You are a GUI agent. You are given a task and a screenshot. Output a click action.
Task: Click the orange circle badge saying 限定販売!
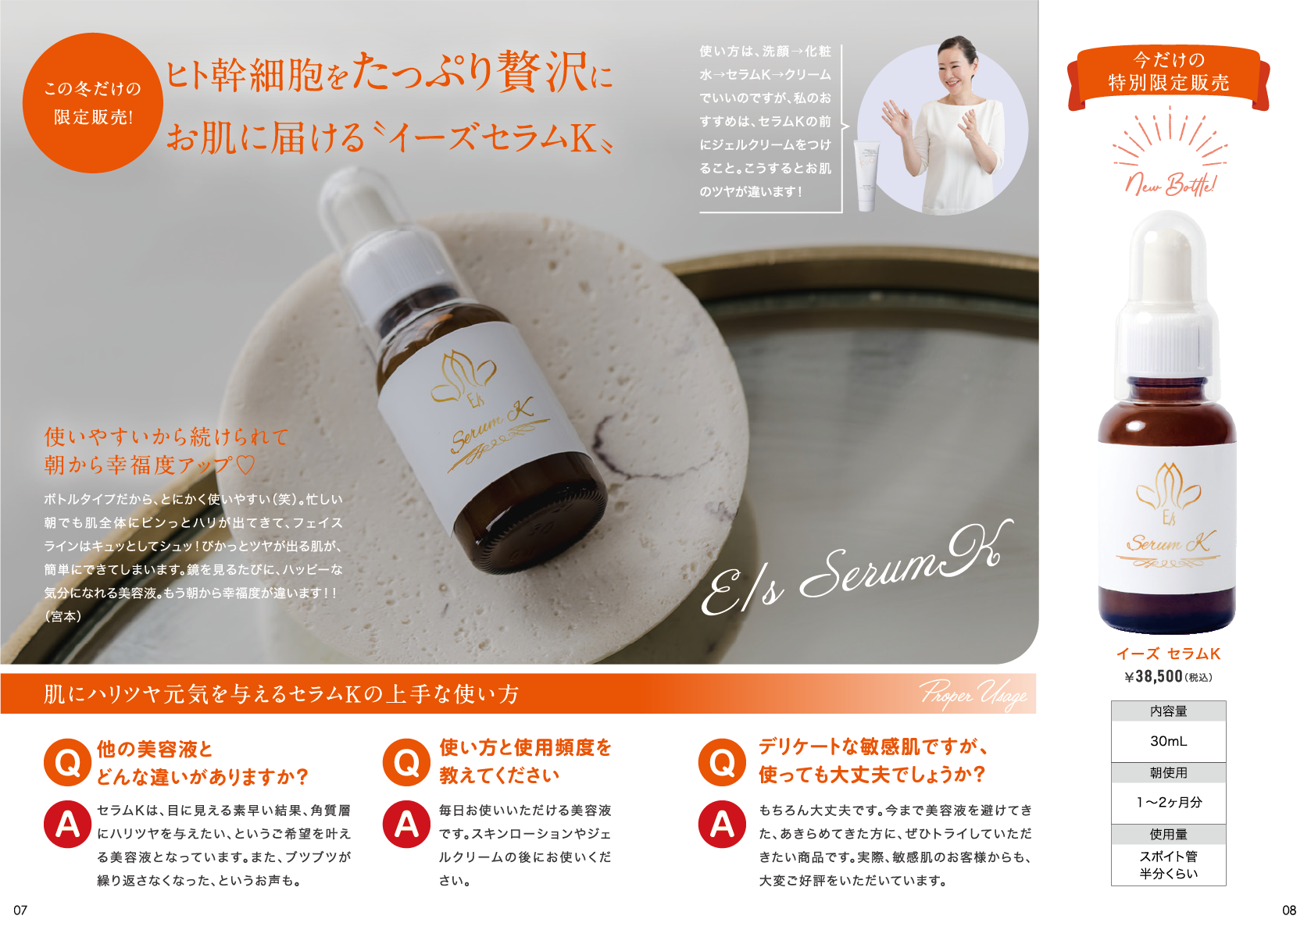point(92,103)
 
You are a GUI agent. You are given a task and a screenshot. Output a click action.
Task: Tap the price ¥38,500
point(1153,677)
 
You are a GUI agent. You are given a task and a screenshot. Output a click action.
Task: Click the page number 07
point(20,910)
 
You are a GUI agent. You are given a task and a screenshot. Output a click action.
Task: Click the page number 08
point(1289,910)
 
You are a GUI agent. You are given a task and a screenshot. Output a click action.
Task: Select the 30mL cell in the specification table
point(1168,741)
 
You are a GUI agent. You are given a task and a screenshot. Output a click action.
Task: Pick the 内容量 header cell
point(1168,711)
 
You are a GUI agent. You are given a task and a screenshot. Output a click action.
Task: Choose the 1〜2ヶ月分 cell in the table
point(1168,803)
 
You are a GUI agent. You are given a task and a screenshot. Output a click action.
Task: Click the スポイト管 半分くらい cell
point(1168,864)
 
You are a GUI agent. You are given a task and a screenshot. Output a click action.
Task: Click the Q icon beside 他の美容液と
point(67,762)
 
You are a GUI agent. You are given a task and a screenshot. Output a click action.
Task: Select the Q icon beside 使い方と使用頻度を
point(407,762)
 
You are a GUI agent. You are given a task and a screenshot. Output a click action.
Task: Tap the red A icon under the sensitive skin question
point(722,824)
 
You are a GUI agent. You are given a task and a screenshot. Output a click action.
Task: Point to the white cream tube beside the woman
point(866,176)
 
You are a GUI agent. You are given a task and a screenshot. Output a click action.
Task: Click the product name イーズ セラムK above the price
point(1168,654)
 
